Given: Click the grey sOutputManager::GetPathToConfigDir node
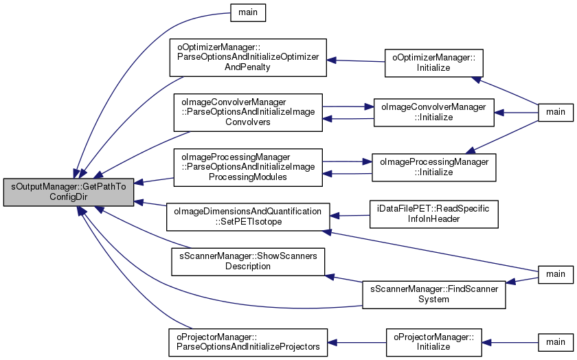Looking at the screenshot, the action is pyautogui.click(x=69, y=192).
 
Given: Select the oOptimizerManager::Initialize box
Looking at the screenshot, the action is pyautogui.click(x=434, y=63).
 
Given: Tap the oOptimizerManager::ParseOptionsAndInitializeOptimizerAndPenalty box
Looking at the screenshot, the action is pyautogui.click(x=248, y=58).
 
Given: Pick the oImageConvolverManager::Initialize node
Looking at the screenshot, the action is pyautogui.click(x=434, y=112).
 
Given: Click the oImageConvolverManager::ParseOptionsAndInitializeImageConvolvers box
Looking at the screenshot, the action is pyautogui.click(x=248, y=112).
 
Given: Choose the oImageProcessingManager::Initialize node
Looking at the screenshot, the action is pyautogui.click(x=434, y=167).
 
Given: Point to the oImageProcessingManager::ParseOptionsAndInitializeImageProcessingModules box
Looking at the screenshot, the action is pyautogui.click(x=248, y=167).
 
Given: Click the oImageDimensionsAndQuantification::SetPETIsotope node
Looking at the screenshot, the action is pyautogui.click(x=248, y=217).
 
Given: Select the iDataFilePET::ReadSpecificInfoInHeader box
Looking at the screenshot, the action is pyautogui.click(x=434, y=214).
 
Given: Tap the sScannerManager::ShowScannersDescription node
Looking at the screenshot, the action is pyautogui.click(x=248, y=261).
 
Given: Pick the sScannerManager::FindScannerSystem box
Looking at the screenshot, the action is pyautogui.click(x=434, y=295).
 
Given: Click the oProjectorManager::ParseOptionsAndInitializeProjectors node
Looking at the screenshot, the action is pyautogui.click(x=248, y=342).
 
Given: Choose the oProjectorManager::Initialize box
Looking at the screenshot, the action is pyautogui.click(x=434, y=342).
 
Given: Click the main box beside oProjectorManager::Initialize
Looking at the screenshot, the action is pyautogui.click(x=556, y=342).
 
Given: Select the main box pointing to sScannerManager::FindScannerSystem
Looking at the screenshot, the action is pyautogui.click(x=556, y=274).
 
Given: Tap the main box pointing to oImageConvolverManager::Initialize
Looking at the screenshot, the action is pyautogui.click(x=556, y=112).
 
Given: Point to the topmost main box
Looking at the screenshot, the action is pyautogui.click(x=248, y=12).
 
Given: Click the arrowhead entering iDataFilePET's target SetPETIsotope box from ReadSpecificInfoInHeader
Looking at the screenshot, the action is pyautogui.click(x=334, y=216).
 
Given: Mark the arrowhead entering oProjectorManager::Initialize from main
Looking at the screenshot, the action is pyautogui.click(x=486, y=342).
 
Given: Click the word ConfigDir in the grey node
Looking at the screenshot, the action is pyautogui.click(x=69, y=197).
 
